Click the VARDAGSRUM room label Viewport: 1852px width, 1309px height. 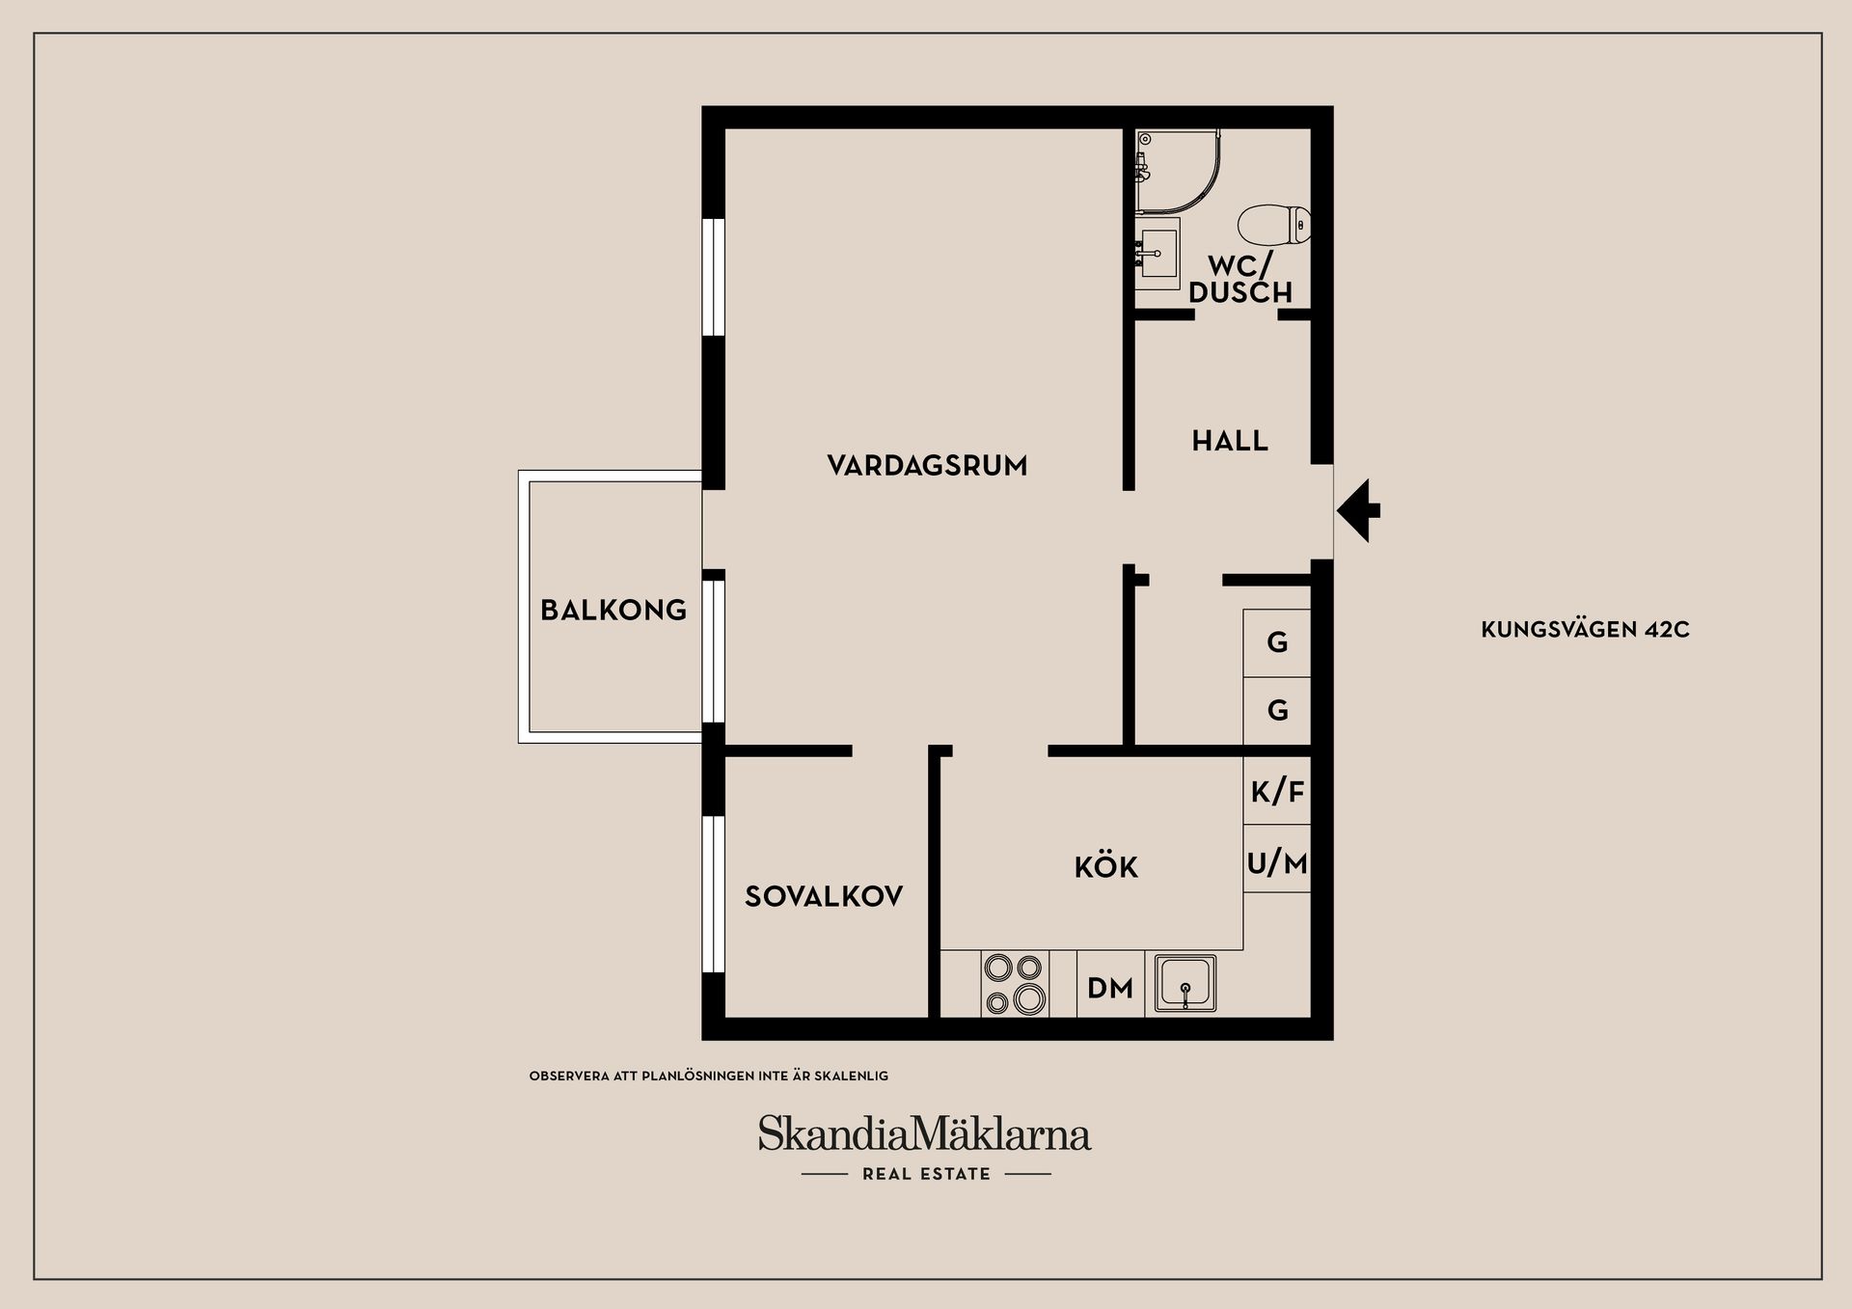click(x=927, y=466)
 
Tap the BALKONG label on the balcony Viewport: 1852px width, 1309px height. click(x=613, y=610)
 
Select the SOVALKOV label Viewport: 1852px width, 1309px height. click(x=824, y=896)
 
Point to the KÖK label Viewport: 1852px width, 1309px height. click(x=1106, y=867)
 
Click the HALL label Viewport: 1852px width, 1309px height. click(x=1230, y=441)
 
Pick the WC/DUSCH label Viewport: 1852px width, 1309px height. click(x=1240, y=279)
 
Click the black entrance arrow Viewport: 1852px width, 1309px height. click(x=1359, y=510)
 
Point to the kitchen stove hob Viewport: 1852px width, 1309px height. click(x=1014, y=983)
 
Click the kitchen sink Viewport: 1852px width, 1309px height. click(x=1185, y=984)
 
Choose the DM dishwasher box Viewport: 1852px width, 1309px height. click(x=1110, y=988)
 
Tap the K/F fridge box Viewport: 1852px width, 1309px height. click(x=1277, y=792)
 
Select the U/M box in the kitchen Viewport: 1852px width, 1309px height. click(x=1277, y=862)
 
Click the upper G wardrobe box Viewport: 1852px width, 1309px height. click(x=1277, y=642)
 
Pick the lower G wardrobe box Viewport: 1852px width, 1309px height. click(x=1277, y=711)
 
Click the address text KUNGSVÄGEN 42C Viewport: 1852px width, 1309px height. click(x=1585, y=630)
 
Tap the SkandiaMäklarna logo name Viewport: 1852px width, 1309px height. click(x=924, y=1134)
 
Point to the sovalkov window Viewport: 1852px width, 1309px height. click(x=713, y=894)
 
